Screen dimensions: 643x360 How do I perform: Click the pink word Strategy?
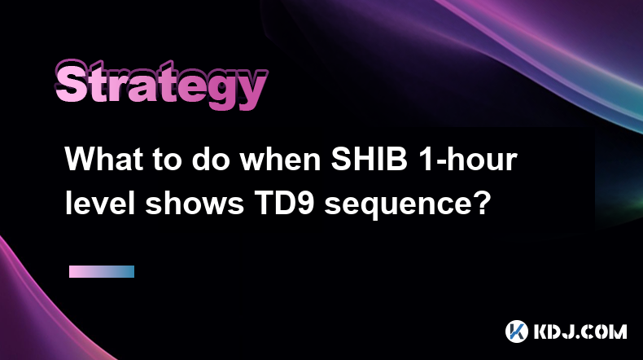161,85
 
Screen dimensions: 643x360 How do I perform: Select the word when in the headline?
280,159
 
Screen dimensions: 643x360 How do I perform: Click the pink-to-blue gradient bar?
102,271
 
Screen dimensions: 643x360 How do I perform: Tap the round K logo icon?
517,331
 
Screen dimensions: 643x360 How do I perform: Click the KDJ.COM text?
580,331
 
